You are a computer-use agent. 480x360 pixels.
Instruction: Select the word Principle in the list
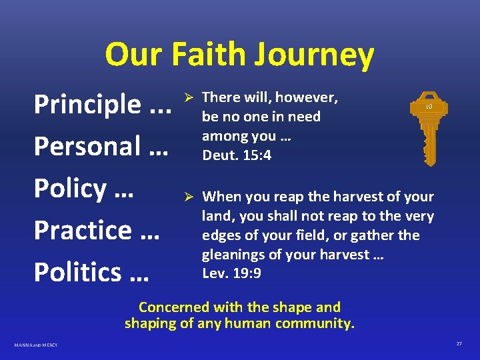[x=87, y=105]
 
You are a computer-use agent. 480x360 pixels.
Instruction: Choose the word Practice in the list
[x=82, y=230]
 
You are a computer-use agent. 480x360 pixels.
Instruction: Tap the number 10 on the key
[x=429, y=107]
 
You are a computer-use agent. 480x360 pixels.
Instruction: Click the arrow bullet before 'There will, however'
[x=189, y=98]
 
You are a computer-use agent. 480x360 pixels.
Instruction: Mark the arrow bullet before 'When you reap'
[x=189, y=197]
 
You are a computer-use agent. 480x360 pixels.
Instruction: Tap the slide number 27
[x=459, y=343]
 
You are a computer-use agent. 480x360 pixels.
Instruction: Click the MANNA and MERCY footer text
[x=36, y=345]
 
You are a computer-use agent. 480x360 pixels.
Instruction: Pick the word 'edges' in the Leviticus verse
[x=221, y=235]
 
